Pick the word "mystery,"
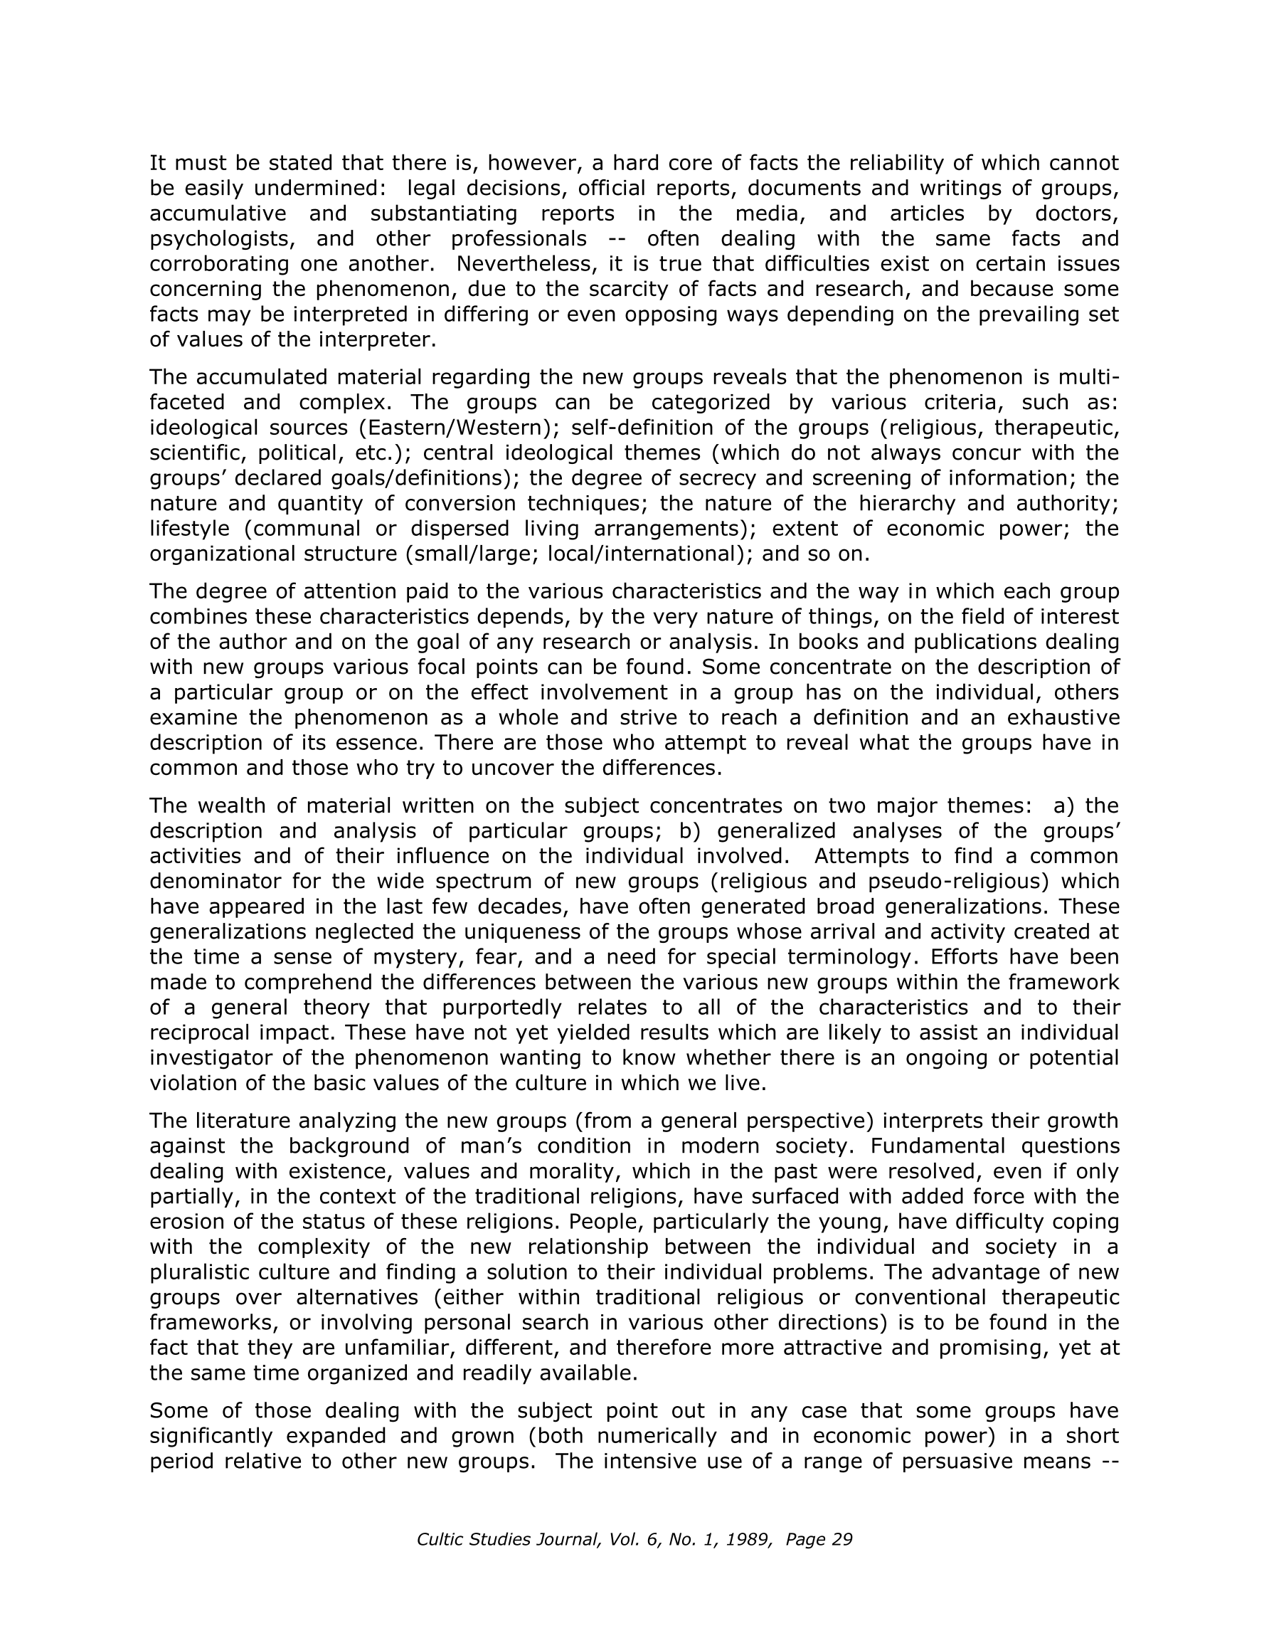pyautogui.click(x=430, y=957)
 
